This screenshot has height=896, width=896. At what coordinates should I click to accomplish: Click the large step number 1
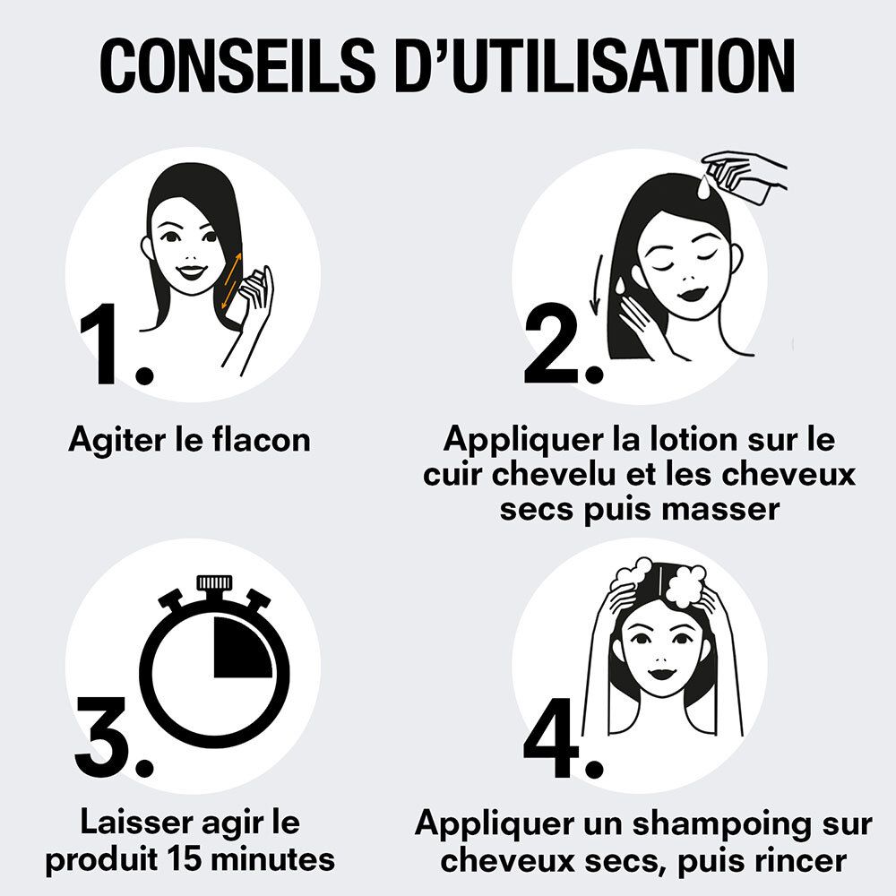(108, 349)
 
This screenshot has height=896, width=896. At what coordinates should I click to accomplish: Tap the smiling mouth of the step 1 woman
(191, 271)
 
